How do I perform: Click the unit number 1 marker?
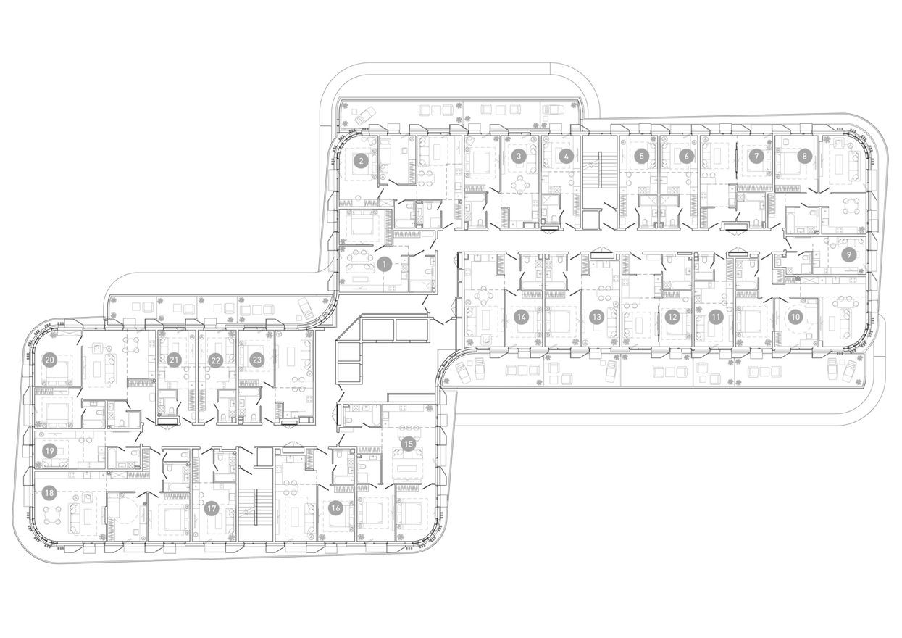[385, 265]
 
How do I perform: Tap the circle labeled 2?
[361, 162]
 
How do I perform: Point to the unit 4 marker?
[567, 156]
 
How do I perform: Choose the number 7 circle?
[640, 156]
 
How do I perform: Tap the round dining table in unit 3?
[519, 186]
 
